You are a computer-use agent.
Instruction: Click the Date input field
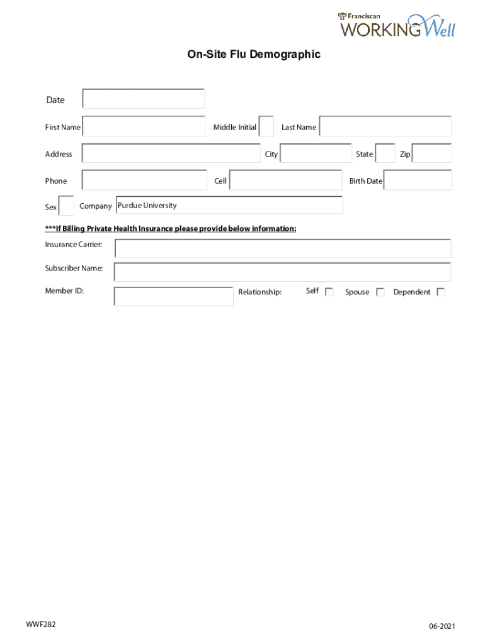tap(144, 99)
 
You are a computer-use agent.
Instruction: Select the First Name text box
tap(144, 126)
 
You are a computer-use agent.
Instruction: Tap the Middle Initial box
tap(266, 126)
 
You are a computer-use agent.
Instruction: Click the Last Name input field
tap(385, 126)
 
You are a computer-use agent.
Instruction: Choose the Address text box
tap(171, 153)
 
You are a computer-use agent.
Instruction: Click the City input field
tap(316, 153)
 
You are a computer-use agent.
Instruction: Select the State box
tap(385, 153)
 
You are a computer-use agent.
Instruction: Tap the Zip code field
tap(432, 153)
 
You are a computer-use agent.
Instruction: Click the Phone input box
tap(144, 180)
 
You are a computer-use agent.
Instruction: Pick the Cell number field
tap(285, 180)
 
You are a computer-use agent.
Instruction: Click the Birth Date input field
tap(418, 180)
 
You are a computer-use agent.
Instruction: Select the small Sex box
tap(66, 206)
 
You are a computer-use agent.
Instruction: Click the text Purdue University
tap(147, 206)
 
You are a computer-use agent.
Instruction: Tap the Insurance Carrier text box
tap(282, 248)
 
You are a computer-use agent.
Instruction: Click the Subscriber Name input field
tap(282, 272)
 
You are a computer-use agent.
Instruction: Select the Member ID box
tap(173, 296)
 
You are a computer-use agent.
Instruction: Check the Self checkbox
tap(329, 292)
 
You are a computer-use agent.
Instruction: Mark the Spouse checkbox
tap(380, 292)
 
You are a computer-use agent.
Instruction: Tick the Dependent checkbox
tap(441, 292)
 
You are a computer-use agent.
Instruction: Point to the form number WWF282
tap(41, 625)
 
